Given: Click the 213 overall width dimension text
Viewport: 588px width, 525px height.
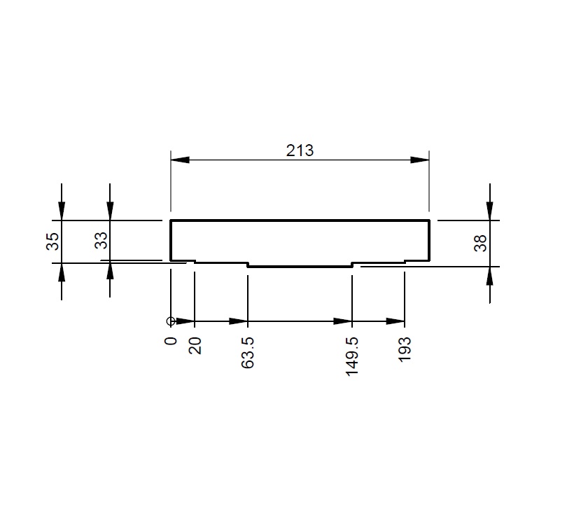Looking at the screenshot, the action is [x=300, y=150].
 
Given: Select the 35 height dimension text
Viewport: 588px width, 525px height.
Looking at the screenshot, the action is [x=52, y=241].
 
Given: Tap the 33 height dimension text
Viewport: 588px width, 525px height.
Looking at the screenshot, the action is [x=101, y=240].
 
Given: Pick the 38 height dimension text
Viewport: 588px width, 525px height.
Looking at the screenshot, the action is [x=480, y=243].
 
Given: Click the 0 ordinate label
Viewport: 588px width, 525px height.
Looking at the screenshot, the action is [x=171, y=341].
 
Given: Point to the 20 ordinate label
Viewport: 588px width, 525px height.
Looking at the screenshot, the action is [x=195, y=346].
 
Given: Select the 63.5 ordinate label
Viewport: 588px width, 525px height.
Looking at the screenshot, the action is [x=248, y=353].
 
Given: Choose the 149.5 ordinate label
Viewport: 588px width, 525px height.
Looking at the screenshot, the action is [x=352, y=356].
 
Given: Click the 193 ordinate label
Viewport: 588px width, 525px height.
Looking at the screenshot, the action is [x=405, y=349].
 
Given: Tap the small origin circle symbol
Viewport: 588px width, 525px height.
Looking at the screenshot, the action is [x=171, y=321].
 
